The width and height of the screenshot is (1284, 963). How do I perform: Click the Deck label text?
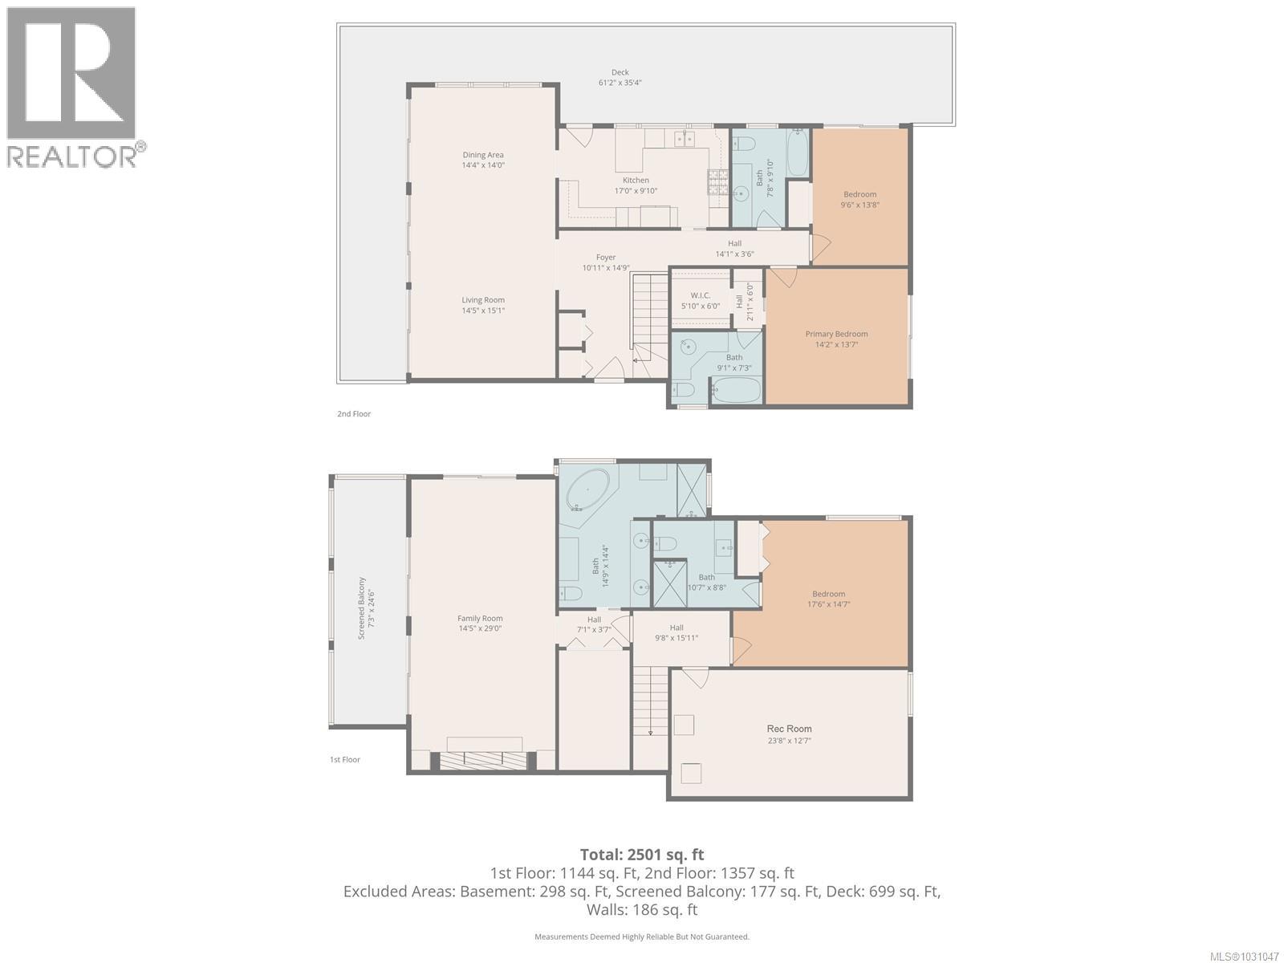coord(620,73)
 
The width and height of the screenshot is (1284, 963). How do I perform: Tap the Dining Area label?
coord(483,156)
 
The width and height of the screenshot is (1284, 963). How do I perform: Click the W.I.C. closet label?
coord(701,296)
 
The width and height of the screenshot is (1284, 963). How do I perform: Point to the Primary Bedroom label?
coord(836,335)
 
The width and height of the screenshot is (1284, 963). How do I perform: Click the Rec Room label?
coord(789,729)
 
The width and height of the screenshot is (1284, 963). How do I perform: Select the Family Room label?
coord(480,619)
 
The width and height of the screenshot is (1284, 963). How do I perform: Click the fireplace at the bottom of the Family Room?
coord(484,759)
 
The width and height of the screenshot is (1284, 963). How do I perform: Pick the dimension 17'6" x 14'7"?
coord(828,604)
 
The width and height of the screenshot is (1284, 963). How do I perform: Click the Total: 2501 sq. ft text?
coord(642,855)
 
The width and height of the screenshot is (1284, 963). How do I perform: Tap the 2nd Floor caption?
coord(354,414)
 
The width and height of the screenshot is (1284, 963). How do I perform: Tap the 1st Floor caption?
coord(345,759)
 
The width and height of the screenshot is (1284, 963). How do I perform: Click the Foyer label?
coord(606,258)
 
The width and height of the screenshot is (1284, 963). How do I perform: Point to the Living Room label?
coord(483,300)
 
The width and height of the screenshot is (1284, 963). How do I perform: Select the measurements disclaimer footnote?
coord(642,937)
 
